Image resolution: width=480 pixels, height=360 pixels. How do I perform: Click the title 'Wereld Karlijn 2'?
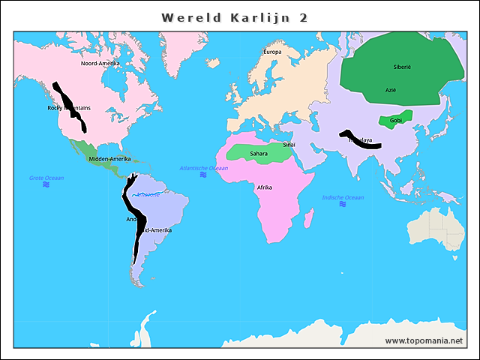pyautogui.click(x=235, y=17)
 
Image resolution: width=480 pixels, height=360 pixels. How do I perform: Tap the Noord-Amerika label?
pyautogui.click(x=100, y=64)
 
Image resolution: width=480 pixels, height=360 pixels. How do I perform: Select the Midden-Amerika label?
pyautogui.click(x=109, y=159)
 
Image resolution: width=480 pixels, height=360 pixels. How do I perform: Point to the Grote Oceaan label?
pyautogui.click(x=46, y=178)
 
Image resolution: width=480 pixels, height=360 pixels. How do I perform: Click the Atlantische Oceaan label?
pyautogui.click(x=203, y=168)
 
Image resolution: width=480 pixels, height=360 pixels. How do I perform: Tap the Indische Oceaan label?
pyautogui.click(x=343, y=198)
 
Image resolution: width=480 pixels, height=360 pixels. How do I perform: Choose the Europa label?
pyautogui.click(x=272, y=52)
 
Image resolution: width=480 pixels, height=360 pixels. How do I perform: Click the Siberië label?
pyautogui.click(x=402, y=67)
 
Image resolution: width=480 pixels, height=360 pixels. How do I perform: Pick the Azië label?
pyautogui.click(x=391, y=90)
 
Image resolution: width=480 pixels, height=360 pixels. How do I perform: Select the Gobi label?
pyautogui.click(x=396, y=120)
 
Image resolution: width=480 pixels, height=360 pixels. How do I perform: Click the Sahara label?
pyautogui.click(x=258, y=153)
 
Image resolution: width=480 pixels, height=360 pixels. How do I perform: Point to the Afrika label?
pyautogui.click(x=264, y=187)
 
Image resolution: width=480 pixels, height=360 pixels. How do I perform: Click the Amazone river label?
pyautogui.click(x=147, y=195)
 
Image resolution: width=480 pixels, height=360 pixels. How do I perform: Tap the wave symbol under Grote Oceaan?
pyautogui.click(x=46, y=184)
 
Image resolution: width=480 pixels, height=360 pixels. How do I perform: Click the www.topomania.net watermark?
pyautogui.click(x=424, y=340)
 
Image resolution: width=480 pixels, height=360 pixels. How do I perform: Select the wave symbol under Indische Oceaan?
pyautogui.click(x=343, y=205)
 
